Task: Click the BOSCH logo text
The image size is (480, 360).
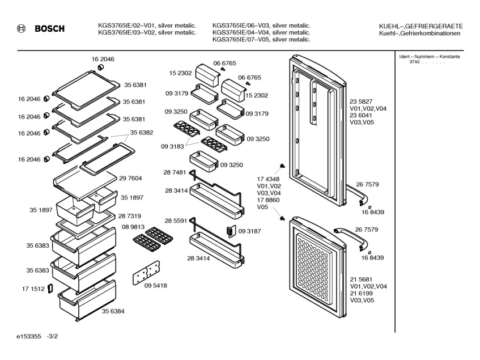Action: coord(49,28)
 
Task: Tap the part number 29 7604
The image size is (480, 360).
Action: coord(130,178)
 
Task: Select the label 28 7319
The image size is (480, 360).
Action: coord(129,217)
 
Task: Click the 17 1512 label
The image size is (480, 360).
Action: coord(33,289)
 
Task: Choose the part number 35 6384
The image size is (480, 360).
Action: coord(113,311)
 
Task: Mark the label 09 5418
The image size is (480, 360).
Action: coord(156,286)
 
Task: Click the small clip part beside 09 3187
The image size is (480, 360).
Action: coord(230,231)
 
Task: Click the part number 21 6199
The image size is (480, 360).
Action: coord(361,294)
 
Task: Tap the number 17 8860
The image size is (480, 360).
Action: coord(269,200)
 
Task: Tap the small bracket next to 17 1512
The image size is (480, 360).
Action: coord(50,289)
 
